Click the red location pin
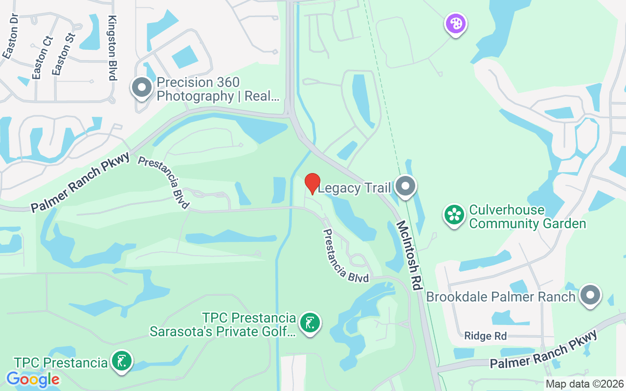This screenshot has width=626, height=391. pos(313,184)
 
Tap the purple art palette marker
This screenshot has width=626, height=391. pos(455,23)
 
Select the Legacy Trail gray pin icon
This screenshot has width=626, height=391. pos(405,187)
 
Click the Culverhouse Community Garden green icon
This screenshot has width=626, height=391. pos(454,215)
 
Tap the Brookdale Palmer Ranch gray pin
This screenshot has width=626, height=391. pos(590,295)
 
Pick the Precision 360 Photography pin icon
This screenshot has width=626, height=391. pos(142,88)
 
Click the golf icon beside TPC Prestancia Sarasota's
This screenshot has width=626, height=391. pos(310,323)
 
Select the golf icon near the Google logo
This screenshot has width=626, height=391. pos(121,361)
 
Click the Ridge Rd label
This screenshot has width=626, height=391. pos(486,336)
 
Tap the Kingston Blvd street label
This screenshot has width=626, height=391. pos(112,47)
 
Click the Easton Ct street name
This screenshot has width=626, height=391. pos(41,57)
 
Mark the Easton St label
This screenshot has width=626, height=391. pos(64,53)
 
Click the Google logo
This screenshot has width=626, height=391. pos(33,379)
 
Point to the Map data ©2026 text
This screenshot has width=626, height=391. pos(585,384)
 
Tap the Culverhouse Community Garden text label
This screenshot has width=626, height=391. pos(527,217)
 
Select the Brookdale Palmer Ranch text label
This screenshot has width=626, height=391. pos(501,297)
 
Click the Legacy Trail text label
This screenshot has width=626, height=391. pos(355,188)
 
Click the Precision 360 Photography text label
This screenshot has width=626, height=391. pos(218,89)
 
